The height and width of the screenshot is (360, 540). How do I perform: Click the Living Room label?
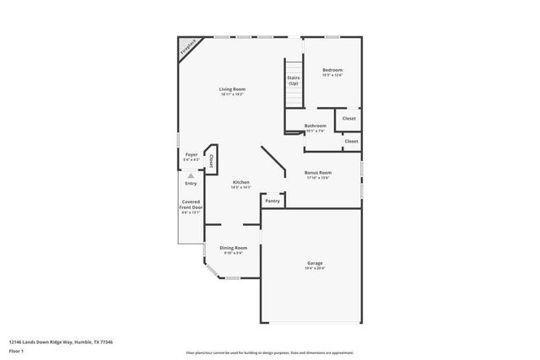232,89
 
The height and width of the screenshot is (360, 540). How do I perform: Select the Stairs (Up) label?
293,81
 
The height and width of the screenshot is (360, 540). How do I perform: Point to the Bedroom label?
332,69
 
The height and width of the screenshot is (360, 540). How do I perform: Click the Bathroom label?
316,126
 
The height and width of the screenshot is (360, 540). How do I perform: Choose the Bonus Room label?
318,172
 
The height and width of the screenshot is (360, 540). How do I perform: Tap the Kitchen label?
240,182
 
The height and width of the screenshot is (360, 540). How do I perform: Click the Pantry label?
272,201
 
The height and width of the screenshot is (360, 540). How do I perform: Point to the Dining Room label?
233,247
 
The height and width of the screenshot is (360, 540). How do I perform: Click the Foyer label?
192,154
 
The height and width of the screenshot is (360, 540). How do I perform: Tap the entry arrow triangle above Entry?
191,175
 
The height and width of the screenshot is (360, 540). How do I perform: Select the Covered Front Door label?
191,204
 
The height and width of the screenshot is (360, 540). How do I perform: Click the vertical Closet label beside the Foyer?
211,160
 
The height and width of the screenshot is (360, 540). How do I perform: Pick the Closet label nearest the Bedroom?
348,119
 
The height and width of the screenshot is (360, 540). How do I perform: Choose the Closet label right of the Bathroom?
351,142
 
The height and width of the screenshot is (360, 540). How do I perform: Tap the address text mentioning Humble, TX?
61,341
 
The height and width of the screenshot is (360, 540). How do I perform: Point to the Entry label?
191,183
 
